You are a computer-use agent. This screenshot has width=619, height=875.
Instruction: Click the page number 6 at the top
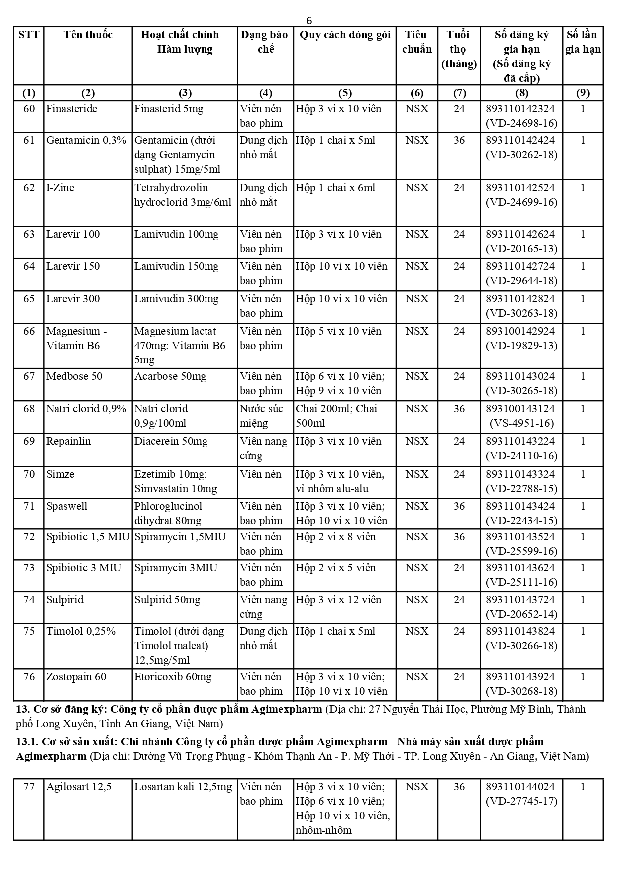(x=309, y=20)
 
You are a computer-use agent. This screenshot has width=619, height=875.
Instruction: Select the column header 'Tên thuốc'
(x=88, y=35)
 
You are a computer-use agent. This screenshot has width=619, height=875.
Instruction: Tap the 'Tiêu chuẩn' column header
(x=416, y=42)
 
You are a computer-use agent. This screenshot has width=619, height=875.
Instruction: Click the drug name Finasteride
(x=72, y=109)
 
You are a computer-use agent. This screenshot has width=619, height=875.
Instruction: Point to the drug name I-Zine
(x=60, y=188)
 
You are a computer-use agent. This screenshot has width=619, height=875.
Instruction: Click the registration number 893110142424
(x=520, y=140)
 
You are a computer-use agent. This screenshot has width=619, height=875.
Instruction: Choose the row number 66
(x=29, y=331)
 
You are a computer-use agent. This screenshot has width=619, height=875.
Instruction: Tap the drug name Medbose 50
(x=74, y=376)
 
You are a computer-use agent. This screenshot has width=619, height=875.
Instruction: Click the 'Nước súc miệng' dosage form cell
(x=261, y=416)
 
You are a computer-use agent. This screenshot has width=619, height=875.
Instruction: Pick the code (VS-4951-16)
(x=521, y=423)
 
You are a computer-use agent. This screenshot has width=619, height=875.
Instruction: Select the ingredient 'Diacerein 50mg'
(x=171, y=441)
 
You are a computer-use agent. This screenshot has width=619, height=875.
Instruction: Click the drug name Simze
(x=60, y=474)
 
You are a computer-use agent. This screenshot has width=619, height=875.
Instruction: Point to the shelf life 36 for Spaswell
(x=459, y=506)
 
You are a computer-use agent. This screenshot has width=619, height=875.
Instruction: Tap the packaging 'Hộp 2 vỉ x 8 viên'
(x=336, y=537)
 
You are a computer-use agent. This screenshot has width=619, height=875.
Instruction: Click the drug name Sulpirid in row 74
(x=65, y=600)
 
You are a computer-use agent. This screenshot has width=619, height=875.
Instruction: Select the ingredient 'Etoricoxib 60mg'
(x=173, y=677)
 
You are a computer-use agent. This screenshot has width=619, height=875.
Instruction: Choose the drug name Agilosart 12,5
(x=79, y=787)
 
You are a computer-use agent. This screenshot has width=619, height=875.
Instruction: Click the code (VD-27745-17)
(x=521, y=801)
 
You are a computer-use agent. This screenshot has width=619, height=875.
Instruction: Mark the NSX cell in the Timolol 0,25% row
(x=416, y=631)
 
